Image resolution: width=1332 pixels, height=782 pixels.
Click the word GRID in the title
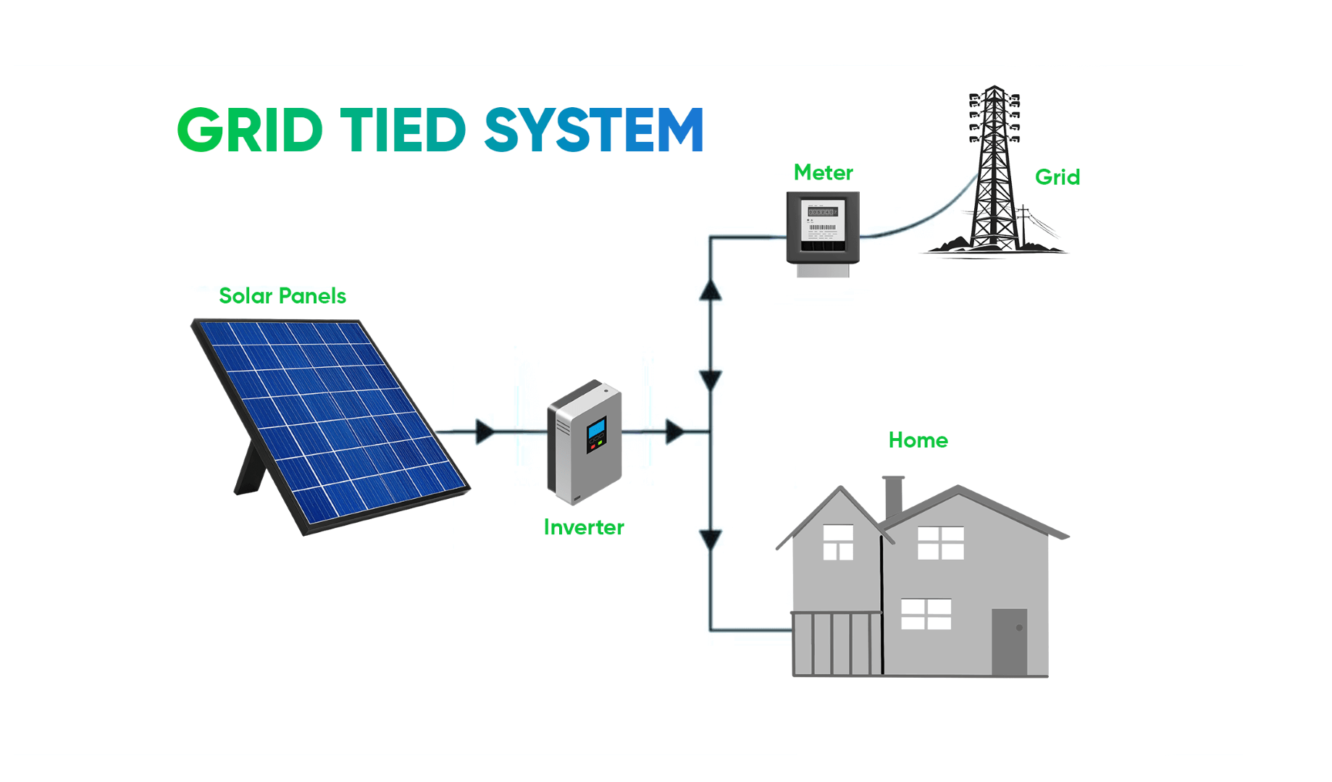tap(249, 130)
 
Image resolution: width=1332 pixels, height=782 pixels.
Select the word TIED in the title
tap(403, 130)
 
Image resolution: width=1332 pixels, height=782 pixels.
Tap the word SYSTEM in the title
tap(594, 130)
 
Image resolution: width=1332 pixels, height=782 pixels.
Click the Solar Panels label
tap(282, 296)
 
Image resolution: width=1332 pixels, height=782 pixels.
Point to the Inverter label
tap(584, 527)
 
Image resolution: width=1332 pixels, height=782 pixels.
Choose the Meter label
tap(823, 173)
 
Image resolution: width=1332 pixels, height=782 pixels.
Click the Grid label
tap(1057, 177)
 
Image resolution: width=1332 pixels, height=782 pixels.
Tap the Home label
tap(918, 440)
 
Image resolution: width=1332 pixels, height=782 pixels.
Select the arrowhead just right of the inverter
tap(674, 432)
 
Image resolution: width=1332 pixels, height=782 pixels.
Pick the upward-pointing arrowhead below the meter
tap(711, 290)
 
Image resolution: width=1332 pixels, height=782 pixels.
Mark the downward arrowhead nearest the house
tap(711, 539)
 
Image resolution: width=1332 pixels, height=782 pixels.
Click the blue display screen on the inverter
tap(596, 429)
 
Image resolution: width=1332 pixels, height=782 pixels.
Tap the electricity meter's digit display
tap(822, 212)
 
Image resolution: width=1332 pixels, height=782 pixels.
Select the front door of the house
tap(1009, 642)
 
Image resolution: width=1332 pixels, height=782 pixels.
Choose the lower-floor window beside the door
tap(926, 614)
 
